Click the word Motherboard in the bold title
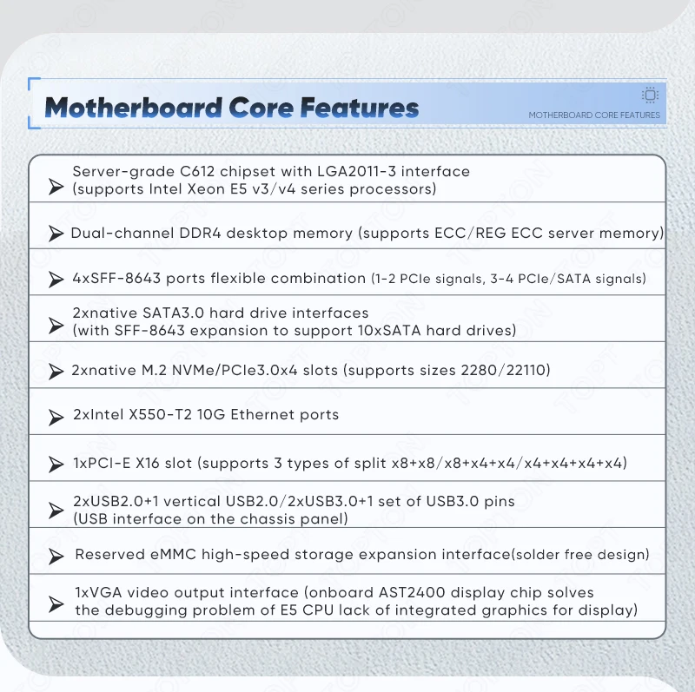pyautogui.click(x=134, y=108)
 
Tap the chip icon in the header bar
pyautogui.click(x=650, y=95)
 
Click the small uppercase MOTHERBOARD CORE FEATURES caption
pyautogui.click(x=594, y=115)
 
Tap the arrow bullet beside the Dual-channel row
pyautogui.click(x=56, y=233)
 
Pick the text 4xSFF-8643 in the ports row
pyautogui.click(x=116, y=278)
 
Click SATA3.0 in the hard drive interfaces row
pyautogui.click(x=173, y=313)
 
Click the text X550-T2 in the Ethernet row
pyautogui.click(x=160, y=415)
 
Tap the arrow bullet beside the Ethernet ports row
pyautogui.click(x=56, y=417)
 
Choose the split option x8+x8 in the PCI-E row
pyautogui.click(x=411, y=464)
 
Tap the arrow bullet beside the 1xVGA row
pyautogui.click(x=56, y=603)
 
